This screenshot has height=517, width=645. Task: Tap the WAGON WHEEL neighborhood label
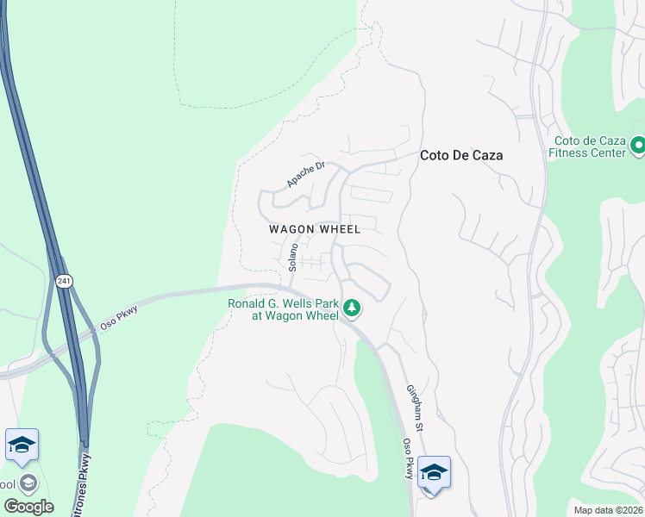click(314, 229)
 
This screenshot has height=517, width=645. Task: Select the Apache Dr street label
click(304, 175)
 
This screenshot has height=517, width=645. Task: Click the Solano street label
click(293, 258)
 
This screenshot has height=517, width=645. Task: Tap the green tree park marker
click(351, 308)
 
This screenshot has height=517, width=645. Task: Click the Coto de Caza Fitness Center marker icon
click(638, 146)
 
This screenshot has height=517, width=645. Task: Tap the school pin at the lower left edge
click(22, 445)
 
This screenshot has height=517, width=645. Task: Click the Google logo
click(28, 506)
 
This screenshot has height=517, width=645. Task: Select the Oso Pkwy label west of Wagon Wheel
click(118, 315)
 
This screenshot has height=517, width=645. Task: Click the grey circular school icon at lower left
click(28, 483)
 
